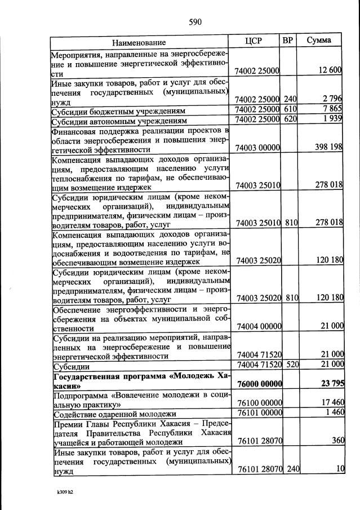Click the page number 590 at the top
(195, 23)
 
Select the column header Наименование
(139, 42)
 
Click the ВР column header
(287, 41)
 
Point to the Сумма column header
(319, 41)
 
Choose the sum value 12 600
(330, 70)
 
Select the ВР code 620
(290, 119)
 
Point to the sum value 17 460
(330, 403)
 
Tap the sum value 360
(336, 441)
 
